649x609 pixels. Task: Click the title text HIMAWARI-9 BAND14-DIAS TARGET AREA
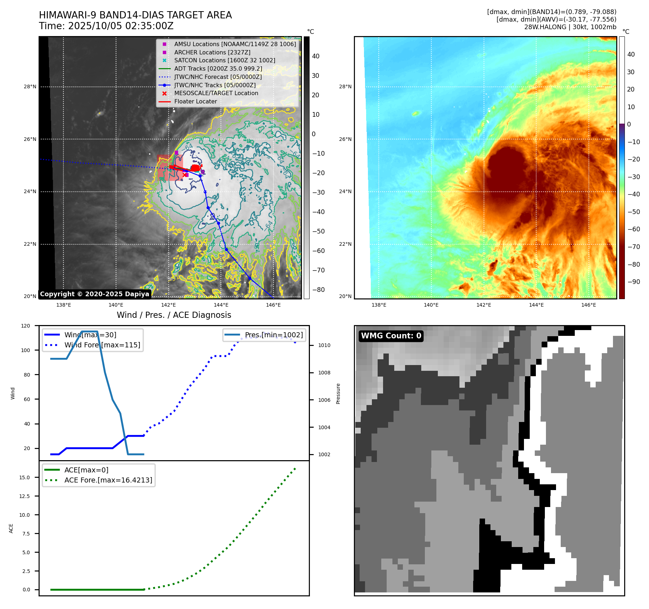click(x=135, y=15)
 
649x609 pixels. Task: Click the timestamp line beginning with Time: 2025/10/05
click(x=106, y=26)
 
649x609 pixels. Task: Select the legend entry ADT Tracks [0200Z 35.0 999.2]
click(x=218, y=68)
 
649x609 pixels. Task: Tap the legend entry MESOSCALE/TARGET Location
click(x=216, y=93)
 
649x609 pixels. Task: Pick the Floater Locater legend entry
click(x=196, y=101)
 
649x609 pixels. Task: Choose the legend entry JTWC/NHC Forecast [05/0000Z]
click(x=218, y=77)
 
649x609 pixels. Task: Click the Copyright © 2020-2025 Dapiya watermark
click(x=94, y=294)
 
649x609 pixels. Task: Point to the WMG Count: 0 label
click(x=391, y=336)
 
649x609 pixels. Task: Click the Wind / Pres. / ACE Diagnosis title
click(x=174, y=315)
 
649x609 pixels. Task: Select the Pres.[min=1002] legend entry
click(x=274, y=335)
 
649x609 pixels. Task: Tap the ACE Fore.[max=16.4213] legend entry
click(x=108, y=480)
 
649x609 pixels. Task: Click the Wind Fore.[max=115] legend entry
click(x=102, y=345)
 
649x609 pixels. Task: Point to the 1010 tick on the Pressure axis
click(x=324, y=345)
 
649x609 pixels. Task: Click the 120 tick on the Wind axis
click(x=26, y=326)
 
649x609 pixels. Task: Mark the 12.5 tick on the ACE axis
click(x=25, y=496)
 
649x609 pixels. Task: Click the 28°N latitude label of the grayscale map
click(x=30, y=86)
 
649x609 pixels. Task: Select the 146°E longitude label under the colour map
click(x=588, y=305)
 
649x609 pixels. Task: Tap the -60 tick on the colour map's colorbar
click(x=634, y=229)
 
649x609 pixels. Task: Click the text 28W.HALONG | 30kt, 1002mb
click(x=570, y=27)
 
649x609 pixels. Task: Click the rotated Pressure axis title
click(x=338, y=394)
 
